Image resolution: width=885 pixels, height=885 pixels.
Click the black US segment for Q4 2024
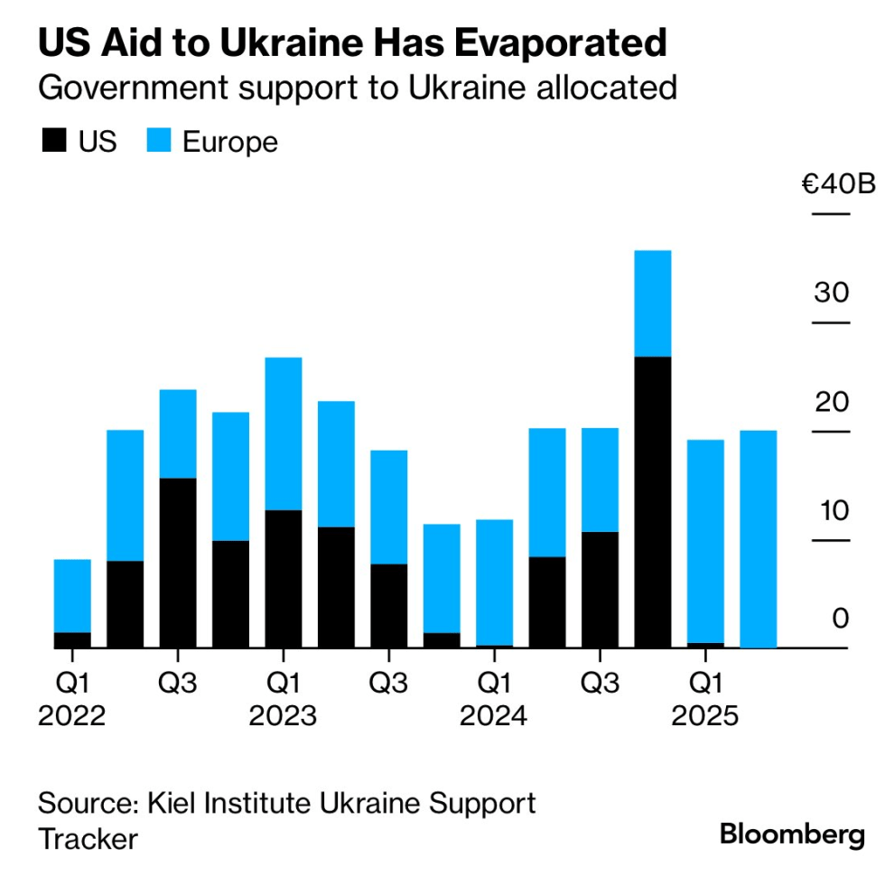(653, 502)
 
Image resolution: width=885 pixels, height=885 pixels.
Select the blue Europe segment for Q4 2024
(653, 303)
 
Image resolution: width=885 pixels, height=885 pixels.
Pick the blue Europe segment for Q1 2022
(72, 596)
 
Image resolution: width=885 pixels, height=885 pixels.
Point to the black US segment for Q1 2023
(284, 579)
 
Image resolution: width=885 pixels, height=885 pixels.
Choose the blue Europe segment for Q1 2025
(705, 541)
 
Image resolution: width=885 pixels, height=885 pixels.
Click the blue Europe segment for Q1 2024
(494, 582)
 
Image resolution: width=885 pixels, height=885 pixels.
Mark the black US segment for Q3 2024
(600, 590)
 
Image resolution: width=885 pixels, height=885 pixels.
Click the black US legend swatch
(52, 142)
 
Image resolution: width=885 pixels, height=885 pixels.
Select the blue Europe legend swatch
(159, 142)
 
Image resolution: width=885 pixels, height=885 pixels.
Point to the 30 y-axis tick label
(831, 293)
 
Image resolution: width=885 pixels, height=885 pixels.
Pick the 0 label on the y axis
(841, 619)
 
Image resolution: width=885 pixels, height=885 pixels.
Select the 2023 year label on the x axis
(284, 717)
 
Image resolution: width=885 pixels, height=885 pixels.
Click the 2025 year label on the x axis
(705, 717)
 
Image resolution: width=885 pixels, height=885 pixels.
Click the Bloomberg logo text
(792, 835)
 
